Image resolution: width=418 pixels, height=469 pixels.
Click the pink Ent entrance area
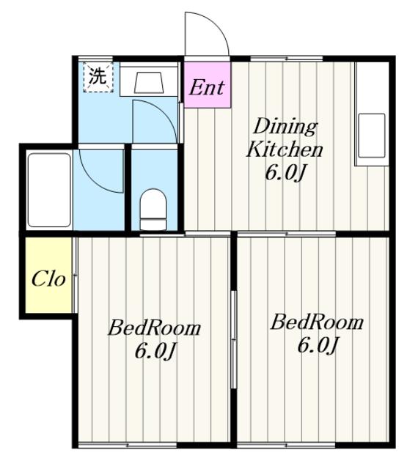click(x=208, y=85)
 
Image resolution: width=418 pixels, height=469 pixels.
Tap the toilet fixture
click(x=153, y=210)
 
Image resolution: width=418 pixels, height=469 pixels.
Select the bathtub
click(x=49, y=191)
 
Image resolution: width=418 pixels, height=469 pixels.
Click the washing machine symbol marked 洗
click(x=98, y=77)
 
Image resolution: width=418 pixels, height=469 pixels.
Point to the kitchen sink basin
click(x=372, y=136)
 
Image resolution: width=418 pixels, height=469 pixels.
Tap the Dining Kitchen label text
click(x=285, y=138)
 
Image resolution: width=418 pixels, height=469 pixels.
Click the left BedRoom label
click(x=154, y=328)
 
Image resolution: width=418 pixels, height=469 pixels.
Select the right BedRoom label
click(x=317, y=322)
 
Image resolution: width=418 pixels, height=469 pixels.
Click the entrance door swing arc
click(x=216, y=24)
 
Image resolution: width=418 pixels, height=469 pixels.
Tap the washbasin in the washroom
click(x=149, y=83)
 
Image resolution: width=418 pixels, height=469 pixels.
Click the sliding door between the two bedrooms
click(x=234, y=339)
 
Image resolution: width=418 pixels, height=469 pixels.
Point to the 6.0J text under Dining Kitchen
click(x=285, y=173)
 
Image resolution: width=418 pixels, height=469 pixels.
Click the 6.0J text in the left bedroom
click(x=154, y=350)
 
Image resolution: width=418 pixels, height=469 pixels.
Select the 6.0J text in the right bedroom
click(x=318, y=344)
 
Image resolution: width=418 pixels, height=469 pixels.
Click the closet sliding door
click(x=75, y=275)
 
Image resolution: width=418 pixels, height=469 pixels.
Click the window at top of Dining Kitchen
click(x=287, y=59)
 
